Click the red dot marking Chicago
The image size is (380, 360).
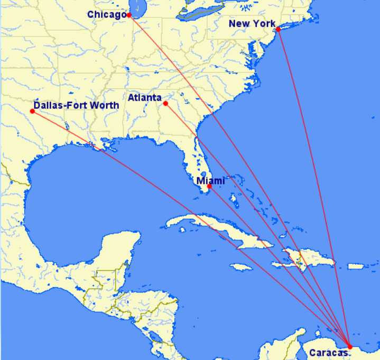pos(129,15)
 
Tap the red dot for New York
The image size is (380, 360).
pos(278,29)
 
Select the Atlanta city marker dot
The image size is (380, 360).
pos(165,103)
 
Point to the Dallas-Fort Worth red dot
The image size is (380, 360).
pos(33,111)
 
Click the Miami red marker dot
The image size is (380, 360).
pos(209,187)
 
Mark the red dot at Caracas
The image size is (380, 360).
pos(349,347)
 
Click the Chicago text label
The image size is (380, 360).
pos(106,14)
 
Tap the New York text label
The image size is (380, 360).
pos(252,24)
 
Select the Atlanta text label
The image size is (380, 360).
pos(145,98)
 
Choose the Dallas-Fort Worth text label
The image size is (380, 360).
pos(76,105)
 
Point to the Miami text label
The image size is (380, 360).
pos(210,181)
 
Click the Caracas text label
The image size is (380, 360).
pos(328,352)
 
